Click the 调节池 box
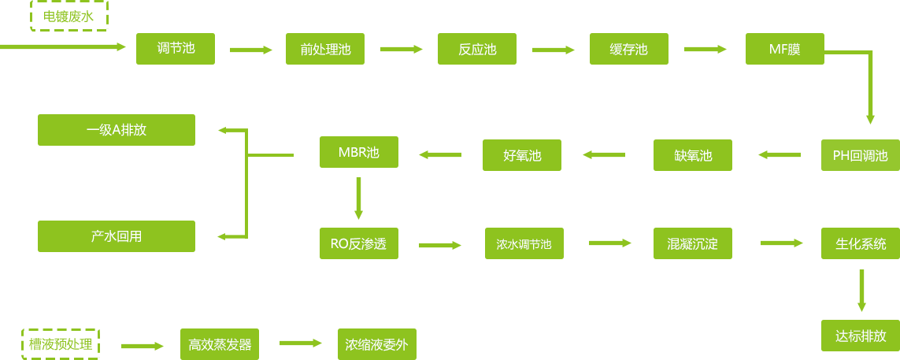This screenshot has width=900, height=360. [176, 48]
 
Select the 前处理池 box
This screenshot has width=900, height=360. [325, 49]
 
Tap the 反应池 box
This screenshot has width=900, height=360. [477, 49]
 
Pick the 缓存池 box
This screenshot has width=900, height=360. [629, 49]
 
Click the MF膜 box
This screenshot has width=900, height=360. [785, 49]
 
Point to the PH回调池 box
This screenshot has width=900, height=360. [860, 155]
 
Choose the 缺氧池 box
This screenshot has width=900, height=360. [693, 155]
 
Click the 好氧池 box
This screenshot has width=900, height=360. [522, 155]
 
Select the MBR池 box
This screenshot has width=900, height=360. [358, 152]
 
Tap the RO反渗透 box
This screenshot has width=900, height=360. [358, 243]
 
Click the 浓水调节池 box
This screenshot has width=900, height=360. [524, 244]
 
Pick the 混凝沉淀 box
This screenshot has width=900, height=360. [693, 243]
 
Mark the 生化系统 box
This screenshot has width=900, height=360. [860, 243]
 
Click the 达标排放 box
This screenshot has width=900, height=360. [860, 336]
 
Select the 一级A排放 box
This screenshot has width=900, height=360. [117, 130]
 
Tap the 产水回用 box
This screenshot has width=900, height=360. [117, 236]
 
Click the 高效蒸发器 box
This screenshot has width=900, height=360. [220, 344]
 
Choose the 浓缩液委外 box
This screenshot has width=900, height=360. [376, 344]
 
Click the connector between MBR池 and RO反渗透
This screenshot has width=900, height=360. [358, 199]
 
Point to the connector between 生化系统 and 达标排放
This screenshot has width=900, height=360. [861, 291]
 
